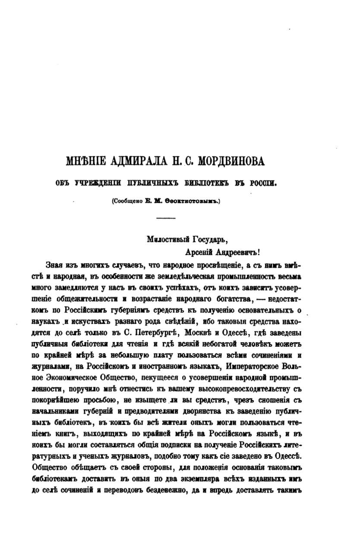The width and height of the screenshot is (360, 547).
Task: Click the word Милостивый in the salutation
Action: pyautogui.click(x=165, y=239)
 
